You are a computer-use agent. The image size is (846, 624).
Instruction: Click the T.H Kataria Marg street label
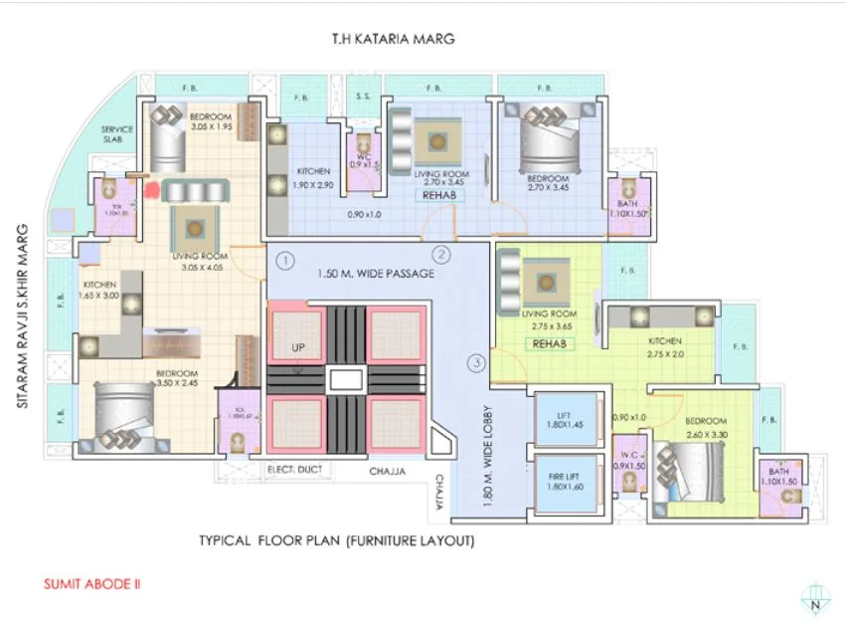(393, 41)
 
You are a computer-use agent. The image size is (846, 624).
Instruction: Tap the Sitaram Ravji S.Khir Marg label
(20, 314)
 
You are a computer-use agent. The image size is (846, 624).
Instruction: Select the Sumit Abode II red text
(89, 585)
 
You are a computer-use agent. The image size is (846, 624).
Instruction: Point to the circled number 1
(284, 262)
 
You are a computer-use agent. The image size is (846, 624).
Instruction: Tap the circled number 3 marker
(476, 363)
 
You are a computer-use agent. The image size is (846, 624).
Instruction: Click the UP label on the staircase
(297, 348)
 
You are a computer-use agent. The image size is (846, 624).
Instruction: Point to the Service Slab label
(117, 135)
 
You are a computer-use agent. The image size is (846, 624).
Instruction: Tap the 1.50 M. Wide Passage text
(375, 274)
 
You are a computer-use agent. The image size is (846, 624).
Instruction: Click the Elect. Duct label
(292, 469)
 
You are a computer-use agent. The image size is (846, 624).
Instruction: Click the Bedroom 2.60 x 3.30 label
(708, 427)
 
